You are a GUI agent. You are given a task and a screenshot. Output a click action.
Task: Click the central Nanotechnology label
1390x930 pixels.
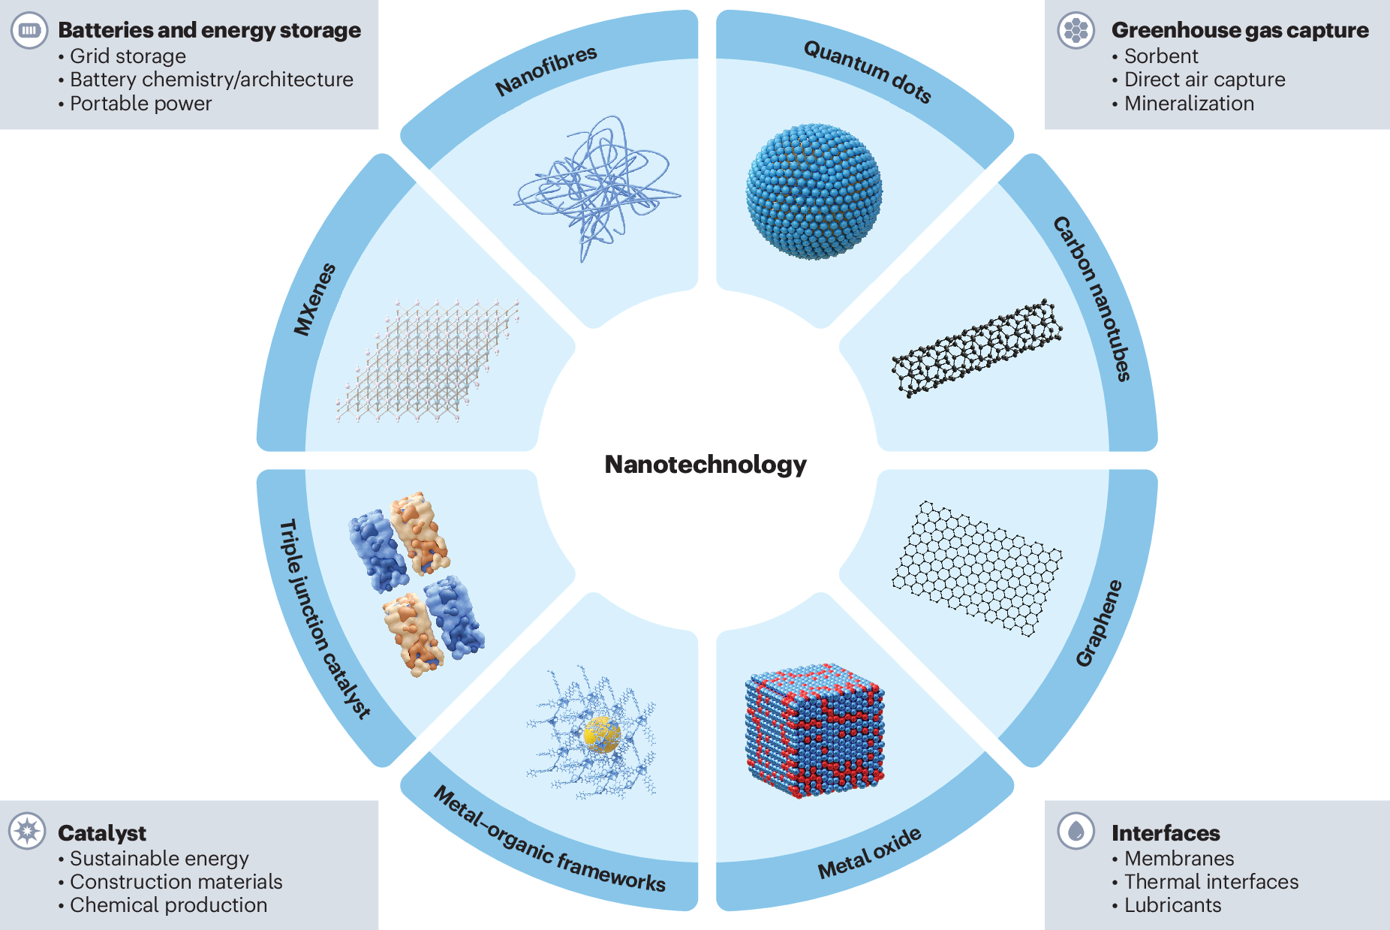point(706,465)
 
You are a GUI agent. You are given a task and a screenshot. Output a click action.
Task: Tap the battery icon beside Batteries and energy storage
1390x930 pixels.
point(29,31)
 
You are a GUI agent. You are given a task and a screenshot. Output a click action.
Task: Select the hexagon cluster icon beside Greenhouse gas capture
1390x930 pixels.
point(1076,31)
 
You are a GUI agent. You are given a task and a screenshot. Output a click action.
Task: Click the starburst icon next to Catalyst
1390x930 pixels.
point(28,831)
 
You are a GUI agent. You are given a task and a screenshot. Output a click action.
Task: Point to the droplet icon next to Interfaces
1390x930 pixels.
point(1076,831)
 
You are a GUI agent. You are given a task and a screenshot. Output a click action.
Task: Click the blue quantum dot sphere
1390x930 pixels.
point(814,192)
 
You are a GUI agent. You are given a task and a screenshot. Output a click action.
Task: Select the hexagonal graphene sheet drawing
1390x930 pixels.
point(976,568)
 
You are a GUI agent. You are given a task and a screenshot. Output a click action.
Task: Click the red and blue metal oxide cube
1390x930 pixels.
point(814,730)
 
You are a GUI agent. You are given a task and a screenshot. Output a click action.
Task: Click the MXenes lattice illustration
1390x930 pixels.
point(428,360)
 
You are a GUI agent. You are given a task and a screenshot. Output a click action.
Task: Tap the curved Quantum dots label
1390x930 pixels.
point(868,72)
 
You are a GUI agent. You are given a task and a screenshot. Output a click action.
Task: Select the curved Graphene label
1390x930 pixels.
point(1099,623)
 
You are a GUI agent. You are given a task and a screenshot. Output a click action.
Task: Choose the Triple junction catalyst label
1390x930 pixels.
point(323,619)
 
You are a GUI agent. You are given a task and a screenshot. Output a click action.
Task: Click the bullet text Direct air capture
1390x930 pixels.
point(1205,80)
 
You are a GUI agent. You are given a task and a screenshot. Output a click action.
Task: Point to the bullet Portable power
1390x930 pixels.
point(141,104)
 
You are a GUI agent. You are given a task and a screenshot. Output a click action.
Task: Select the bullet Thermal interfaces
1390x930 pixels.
point(1211,882)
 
